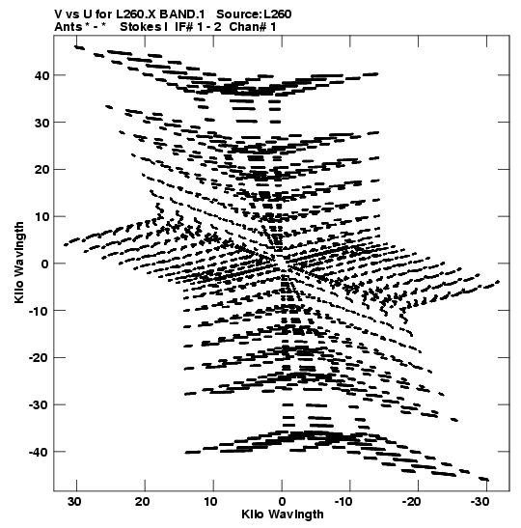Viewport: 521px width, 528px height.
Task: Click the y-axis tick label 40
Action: (41, 75)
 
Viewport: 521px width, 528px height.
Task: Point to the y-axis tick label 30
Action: (41, 123)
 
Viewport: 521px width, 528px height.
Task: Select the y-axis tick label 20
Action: (41, 169)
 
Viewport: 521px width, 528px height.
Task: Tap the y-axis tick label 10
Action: (41, 216)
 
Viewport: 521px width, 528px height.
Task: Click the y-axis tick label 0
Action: (45, 264)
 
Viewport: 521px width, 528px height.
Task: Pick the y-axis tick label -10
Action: (39, 311)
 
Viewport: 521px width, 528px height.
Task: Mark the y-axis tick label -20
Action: (39, 357)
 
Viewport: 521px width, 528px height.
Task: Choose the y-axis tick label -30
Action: (39, 404)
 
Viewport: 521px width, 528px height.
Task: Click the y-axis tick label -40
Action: (39, 452)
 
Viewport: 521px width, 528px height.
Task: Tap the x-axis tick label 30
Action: (74, 502)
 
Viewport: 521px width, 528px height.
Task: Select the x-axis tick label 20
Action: (143, 502)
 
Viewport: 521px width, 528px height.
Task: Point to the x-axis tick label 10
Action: (210, 502)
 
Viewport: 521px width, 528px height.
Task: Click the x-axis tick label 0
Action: (282, 502)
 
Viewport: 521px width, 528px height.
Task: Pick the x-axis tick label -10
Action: (343, 502)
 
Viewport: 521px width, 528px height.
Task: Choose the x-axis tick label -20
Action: (412, 502)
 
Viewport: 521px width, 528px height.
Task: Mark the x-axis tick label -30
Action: (480, 502)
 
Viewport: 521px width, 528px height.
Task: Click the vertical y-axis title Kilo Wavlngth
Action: (19, 263)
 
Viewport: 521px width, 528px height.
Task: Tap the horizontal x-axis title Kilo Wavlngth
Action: (283, 514)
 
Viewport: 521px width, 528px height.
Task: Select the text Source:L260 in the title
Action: (254, 14)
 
